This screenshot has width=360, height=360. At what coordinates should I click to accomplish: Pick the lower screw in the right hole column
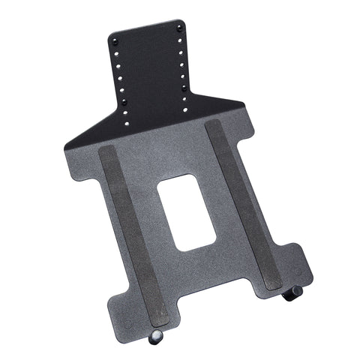coord(184,88)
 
